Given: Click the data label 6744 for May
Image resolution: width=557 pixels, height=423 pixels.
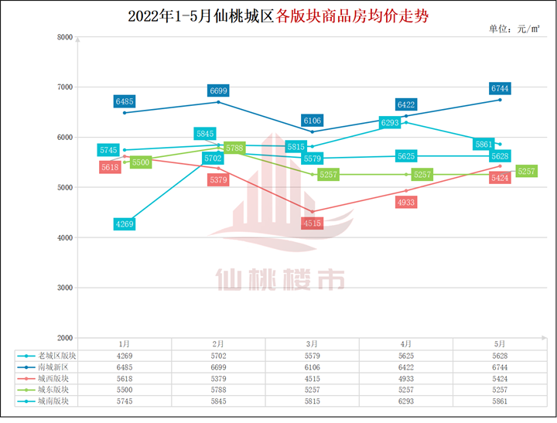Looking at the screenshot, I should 499,89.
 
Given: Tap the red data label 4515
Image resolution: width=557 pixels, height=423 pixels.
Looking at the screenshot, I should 313,223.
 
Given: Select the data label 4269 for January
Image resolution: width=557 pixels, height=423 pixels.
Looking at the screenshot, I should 125,224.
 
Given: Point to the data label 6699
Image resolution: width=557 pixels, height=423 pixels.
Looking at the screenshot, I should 218,91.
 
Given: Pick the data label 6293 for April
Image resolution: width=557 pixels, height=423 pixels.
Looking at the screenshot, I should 390,123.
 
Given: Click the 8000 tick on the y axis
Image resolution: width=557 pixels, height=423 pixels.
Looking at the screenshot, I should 65,37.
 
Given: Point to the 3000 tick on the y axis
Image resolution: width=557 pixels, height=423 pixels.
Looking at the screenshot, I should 65,288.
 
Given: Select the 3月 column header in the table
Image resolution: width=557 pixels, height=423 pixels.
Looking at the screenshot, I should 313,343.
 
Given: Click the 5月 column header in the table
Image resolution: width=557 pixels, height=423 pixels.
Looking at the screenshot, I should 500,343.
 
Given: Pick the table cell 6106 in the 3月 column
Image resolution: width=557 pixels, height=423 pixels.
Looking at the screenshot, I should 313,367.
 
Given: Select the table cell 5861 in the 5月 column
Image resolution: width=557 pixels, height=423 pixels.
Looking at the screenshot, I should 500,402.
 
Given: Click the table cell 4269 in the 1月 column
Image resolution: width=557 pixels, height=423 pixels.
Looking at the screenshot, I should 125,355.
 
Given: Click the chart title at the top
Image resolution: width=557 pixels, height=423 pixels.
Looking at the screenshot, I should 278,15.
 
